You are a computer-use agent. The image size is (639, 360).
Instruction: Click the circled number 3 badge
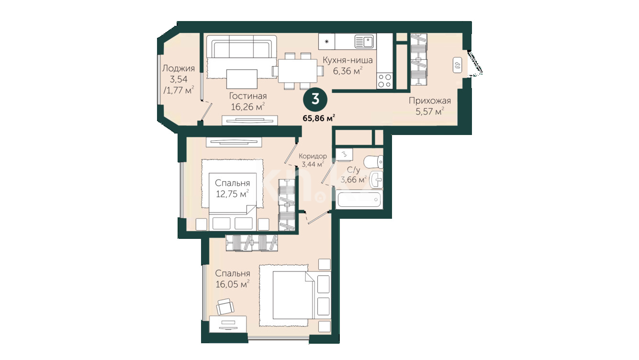pyautogui.click(x=315, y=100)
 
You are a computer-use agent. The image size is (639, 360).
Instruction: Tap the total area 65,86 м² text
pyautogui.click(x=319, y=118)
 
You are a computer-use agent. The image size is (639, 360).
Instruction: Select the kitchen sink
pyautogui.click(x=364, y=42)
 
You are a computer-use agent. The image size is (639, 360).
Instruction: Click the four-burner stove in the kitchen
pyautogui.click(x=384, y=80)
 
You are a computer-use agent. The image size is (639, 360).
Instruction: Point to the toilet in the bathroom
pyautogui.click(x=374, y=162)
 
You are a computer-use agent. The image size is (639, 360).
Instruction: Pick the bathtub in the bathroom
pyautogui.click(x=359, y=199)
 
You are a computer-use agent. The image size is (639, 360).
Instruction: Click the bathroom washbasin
pyautogui.click(x=377, y=180)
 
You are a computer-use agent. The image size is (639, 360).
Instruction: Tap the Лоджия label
pyautogui.click(x=179, y=68)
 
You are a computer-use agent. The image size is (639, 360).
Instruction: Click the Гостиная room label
pyautogui.click(x=247, y=96)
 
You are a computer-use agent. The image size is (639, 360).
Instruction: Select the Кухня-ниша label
pyautogui.click(x=348, y=60)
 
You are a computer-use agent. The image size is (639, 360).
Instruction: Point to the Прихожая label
pyautogui.click(x=430, y=101)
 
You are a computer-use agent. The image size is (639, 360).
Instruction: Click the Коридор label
pyautogui.click(x=313, y=156)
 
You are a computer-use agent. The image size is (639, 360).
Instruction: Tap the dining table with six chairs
pyautogui.click(x=298, y=70)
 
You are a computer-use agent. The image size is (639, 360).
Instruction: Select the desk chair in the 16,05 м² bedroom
pyautogui.click(x=225, y=306)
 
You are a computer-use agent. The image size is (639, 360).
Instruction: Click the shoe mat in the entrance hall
pyautogui.click(x=457, y=65)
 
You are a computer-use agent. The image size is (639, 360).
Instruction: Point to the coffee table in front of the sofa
pyautogui.click(x=242, y=79)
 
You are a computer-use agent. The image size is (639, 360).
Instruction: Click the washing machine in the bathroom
pyautogui.click(x=344, y=154)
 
